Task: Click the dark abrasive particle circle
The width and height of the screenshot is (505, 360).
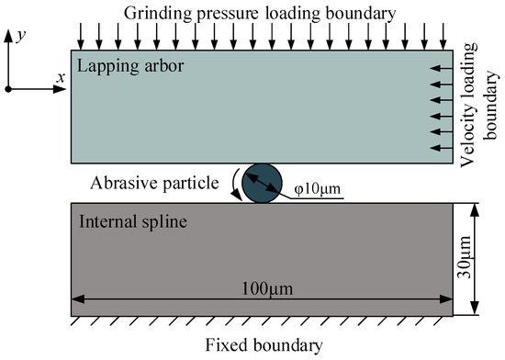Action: click(x=262, y=182)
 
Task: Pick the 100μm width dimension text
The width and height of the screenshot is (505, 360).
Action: click(x=262, y=288)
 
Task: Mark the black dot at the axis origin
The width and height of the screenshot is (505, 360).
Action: click(x=8, y=88)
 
